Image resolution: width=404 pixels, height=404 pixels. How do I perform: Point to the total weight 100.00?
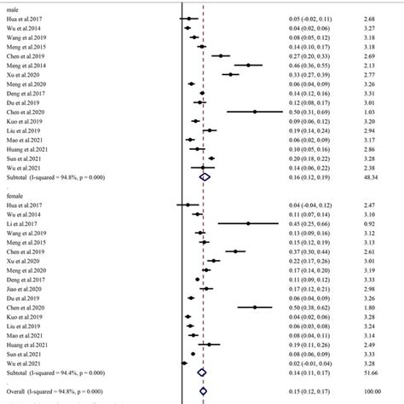pyautogui.click(x=372, y=391)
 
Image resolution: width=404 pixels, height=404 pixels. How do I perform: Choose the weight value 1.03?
pyautogui.click(x=369, y=112)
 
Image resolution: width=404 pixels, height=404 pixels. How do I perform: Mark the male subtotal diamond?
pyautogui.click(x=205, y=176)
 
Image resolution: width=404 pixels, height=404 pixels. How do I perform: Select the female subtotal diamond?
pyautogui.click(x=202, y=372)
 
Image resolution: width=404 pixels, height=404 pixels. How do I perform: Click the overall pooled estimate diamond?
pyautogui.click(x=203, y=391)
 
